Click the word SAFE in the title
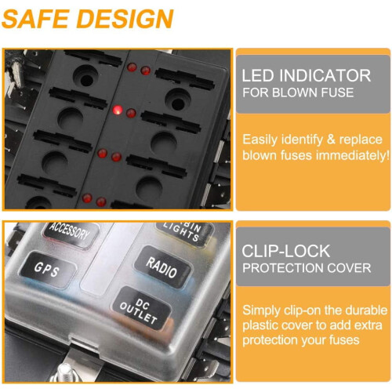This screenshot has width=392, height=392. point(36,19)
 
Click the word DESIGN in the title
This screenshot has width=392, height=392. point(125,19)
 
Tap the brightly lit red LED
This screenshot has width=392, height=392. point(118,110)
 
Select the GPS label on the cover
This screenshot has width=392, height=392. point(47,270)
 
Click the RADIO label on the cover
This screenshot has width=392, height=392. point(162,267)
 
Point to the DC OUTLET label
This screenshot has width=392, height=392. point(140,310)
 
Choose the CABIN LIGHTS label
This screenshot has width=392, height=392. point(183,231)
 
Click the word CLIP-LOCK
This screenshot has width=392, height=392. point(285,251)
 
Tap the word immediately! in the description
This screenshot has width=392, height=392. point(353,155)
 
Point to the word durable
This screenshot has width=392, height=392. point(366,310)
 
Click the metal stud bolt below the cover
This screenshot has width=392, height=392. point(64,372)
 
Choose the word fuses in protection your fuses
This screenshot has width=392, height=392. point(344,340)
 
